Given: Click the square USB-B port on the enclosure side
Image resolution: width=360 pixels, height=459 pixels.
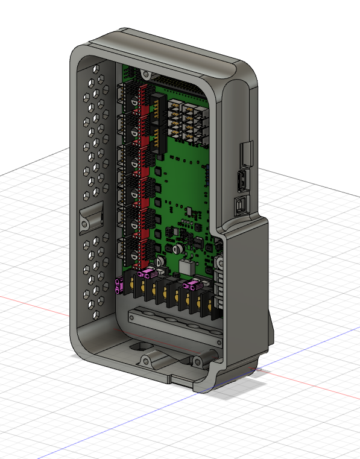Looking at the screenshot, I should tap(241, 206).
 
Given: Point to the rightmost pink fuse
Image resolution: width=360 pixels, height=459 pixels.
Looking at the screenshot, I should tap(192, 284).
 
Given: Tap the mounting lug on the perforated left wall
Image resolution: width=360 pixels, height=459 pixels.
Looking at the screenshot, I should tap(91, 217).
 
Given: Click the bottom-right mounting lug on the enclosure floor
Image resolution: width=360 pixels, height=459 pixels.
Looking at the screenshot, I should tap(197, 362).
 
